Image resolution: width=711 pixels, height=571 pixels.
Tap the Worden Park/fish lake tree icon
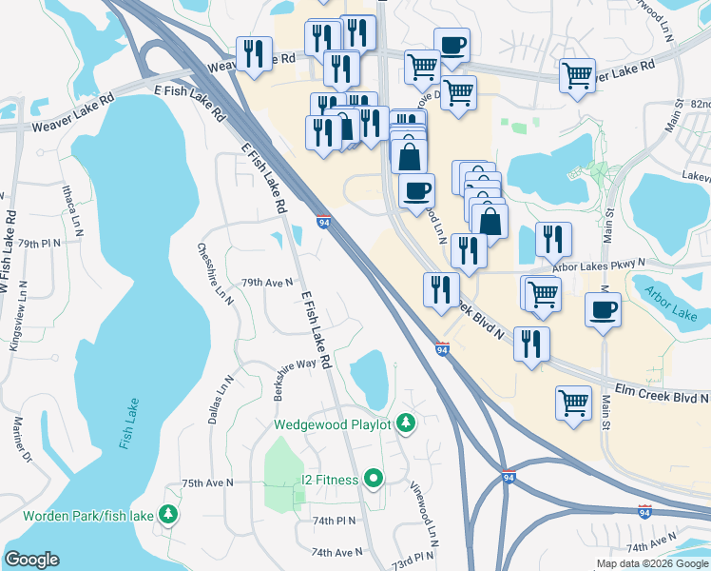click(x=169, y=515)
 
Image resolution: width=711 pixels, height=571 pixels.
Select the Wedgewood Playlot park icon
click(x=406, y=422)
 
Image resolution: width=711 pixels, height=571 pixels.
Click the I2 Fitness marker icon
click(x=374, y=479)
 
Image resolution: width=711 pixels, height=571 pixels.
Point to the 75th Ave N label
click(x=207, y=483)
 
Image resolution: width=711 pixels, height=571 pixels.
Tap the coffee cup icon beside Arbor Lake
click(x=604, y=309)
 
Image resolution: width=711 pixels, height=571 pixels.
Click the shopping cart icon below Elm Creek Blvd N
click(x=574, y=402)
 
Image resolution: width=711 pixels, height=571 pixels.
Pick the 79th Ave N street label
click(x=267, y=283)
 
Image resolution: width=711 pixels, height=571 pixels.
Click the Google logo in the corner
click(x=32, y=560)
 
